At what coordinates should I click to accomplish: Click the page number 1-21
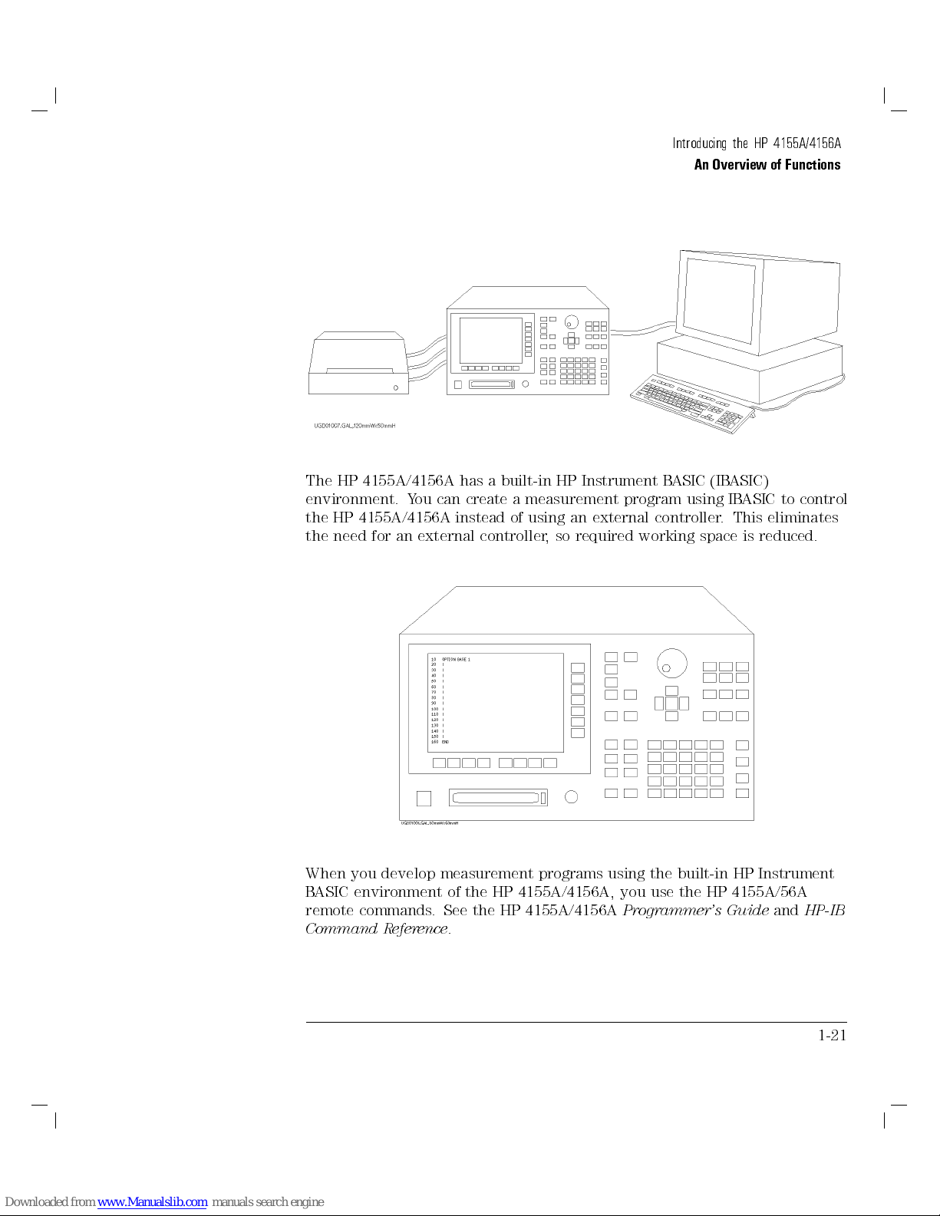click(x=832, y=1035)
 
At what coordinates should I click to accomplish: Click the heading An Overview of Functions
click(x=767, y=164)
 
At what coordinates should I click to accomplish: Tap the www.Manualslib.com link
click(x=152, y=1202)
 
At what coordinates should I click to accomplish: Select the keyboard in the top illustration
click(x=688, y=403)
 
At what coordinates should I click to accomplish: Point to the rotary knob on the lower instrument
click(x=671, y=663)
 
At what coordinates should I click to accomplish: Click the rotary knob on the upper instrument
click(x=572, y=321)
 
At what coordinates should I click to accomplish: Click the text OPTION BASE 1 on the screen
click(x=456, y=659)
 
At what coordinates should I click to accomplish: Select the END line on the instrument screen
click(x=445, y=742)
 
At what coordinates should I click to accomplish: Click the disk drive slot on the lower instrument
click(x=497, y=798)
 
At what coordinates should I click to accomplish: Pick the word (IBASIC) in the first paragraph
click(x=739, y=481)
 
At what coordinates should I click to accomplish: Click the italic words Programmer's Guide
click(x=695, y=911)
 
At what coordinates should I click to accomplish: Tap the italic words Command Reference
click(x=377, y=929)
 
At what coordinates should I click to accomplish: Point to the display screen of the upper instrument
click(x=490, y=340)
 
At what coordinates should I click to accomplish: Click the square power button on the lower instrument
click(x=424, y=799)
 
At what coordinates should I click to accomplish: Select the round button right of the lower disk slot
click(x=571, y=797)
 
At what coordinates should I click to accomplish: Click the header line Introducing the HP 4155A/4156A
click(x=756, y=143)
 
